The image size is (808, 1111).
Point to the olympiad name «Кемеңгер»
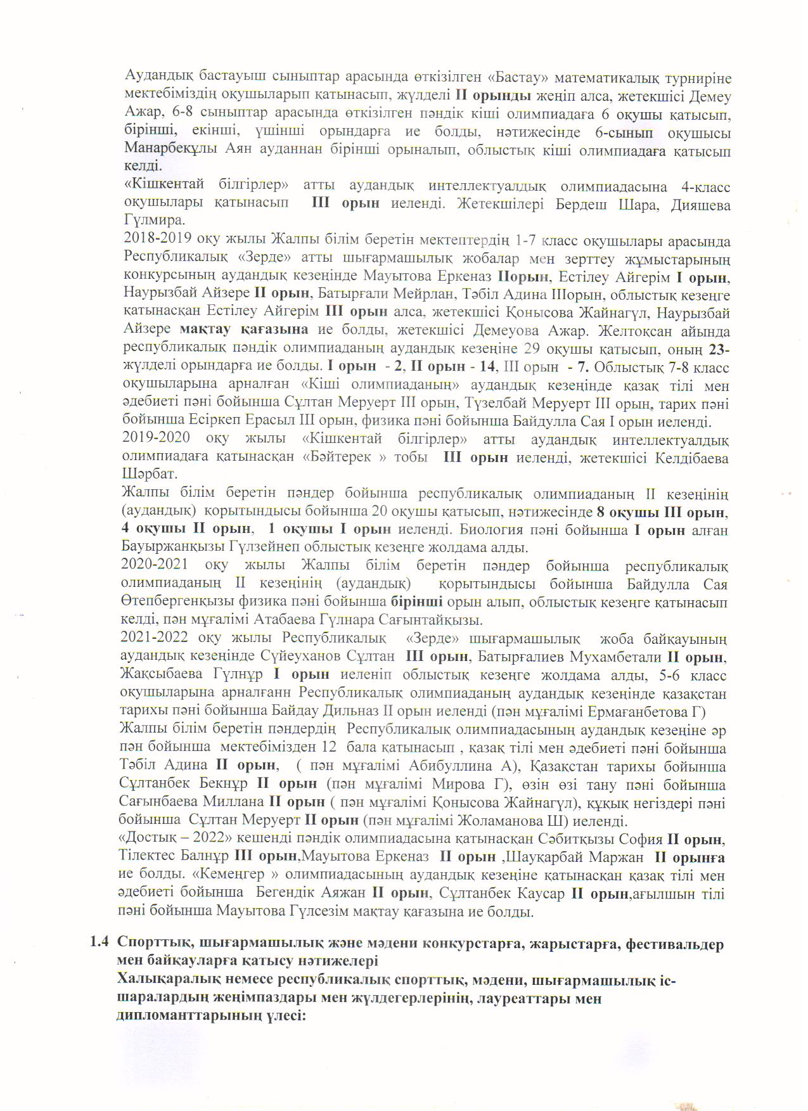(x=232, y=875)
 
